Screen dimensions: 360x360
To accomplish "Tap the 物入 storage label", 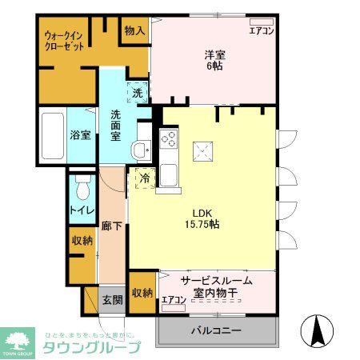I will (134, 30).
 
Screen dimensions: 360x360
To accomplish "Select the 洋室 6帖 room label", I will (213, 60).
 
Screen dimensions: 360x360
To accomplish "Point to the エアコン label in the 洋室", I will (262, 31).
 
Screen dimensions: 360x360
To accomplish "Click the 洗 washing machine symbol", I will (137, 93).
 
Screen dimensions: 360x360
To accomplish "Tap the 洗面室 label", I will (116, 125).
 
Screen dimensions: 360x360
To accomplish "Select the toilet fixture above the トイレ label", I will (81, 188).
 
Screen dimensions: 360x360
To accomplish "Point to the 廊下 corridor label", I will (112, 227).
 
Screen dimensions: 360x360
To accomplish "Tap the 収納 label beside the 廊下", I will (82, 240).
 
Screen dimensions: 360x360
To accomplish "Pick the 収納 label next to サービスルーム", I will (142, 293).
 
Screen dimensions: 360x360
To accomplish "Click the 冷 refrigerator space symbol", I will (144, 178).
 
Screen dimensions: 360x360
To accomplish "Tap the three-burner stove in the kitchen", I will (169, 138).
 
